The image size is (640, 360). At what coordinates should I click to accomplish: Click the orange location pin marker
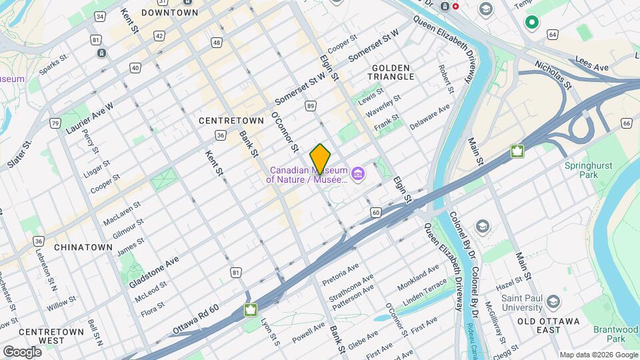(320, 159)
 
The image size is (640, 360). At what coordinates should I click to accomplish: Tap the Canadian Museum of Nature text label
(307, 174)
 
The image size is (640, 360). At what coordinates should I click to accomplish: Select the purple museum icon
(359, 175)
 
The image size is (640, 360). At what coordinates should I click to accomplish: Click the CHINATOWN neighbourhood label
(83, 247)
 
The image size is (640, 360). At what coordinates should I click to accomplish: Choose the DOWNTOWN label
(169, 12)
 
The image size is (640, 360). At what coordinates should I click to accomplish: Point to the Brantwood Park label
(617, 334)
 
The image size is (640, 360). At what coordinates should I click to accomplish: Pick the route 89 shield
(311, 106)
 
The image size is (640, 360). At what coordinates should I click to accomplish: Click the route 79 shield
(55, 123)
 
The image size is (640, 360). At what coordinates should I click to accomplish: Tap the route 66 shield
(626, 123)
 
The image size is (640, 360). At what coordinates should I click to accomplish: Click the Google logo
(22, 351)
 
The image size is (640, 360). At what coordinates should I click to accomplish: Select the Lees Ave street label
(591, 67)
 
